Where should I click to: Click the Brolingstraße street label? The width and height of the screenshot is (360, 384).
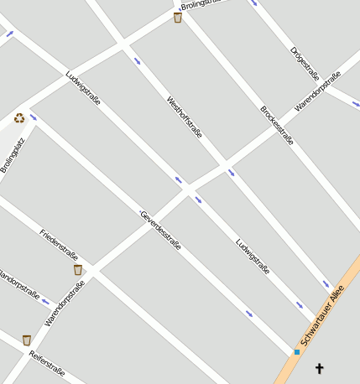point(205,4)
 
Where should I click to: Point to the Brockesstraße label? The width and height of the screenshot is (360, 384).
point(277,125)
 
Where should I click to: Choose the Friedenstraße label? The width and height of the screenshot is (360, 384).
point(59,244)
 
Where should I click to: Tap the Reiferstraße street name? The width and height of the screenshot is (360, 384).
point(47,361)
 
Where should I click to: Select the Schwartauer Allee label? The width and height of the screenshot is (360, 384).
point(322,317)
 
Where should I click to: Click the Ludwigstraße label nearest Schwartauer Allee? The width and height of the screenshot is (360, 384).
point(253,257)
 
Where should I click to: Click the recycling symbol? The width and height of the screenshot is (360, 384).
point(18,118)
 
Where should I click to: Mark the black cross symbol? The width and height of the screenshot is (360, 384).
point(319,368)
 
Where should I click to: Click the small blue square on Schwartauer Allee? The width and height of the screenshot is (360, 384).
point(296,352)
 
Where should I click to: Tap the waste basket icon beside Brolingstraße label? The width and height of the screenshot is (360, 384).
point(177,18)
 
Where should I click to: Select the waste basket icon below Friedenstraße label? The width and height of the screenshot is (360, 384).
point(78,270)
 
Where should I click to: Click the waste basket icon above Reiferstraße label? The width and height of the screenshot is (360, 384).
point(27,340)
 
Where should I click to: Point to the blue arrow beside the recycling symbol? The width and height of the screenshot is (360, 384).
point(34,117)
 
